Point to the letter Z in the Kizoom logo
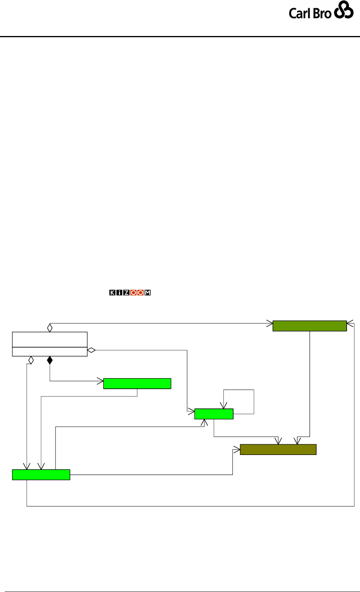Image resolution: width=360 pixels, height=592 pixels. pyautogui.click(x=126, y=293)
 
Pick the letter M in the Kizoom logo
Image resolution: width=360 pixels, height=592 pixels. pyautogui.click(x=148, y=293)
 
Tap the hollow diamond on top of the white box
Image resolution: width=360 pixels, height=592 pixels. pyautogui.click(x=50, y=327)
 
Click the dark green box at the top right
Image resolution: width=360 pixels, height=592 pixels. pyautogui.click(x=310, y=326)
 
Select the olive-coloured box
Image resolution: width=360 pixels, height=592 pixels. pyautogui.click(x=278, y=449)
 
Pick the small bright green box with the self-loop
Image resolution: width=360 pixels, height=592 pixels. pyautogui.click(x=214, y=414)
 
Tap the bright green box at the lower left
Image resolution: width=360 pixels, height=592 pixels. pyautogui.click(x=41, y=475)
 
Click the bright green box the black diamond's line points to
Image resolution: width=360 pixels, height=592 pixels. pyautogui.click(x=137, y=384)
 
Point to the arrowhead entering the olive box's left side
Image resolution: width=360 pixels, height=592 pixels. pyautogui.click(x=237, y=449)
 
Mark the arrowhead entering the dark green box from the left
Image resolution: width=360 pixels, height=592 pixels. pyautogui.click(x=270, y=323)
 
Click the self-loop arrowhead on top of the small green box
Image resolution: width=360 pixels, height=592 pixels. pyautogui.click(x=223, y=406)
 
